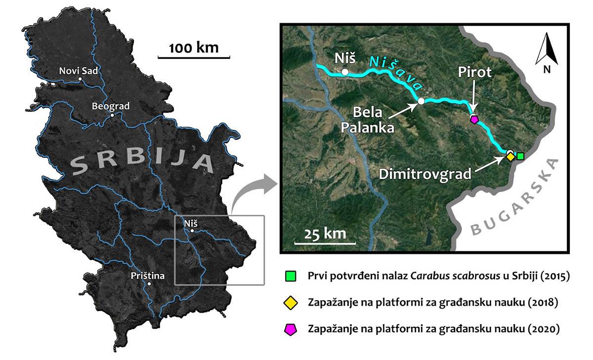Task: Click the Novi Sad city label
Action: (79, 71)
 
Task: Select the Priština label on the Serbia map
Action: (148, 276)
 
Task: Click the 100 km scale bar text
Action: (193, 48)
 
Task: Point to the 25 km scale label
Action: (325, 233)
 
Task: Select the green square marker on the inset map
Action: (520, 156)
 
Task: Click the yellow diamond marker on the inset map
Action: (510, 157)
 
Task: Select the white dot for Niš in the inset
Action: (345, 73)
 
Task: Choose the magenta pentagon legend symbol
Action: (291, 328)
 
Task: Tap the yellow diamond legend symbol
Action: (291, 302)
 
